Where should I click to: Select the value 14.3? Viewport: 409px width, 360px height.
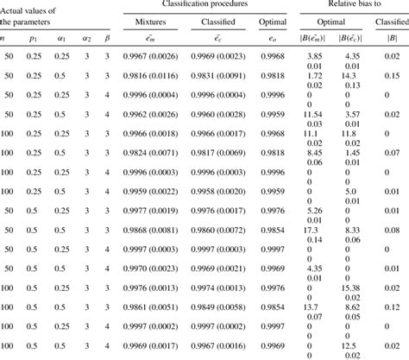click(349, 76)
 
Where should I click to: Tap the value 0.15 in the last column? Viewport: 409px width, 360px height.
click(393, 76)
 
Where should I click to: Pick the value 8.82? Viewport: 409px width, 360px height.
click(349, 304)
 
